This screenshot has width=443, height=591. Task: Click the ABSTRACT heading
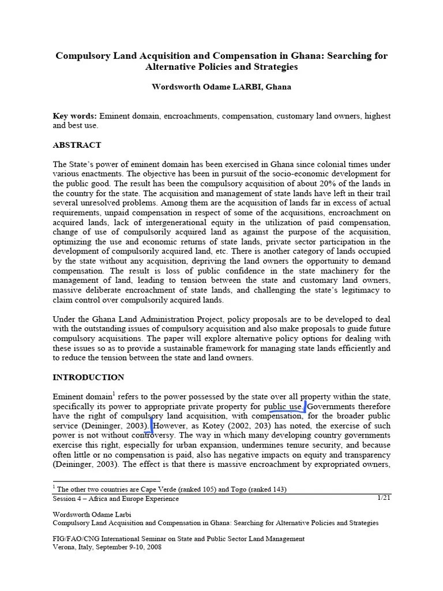[x=77, y=145]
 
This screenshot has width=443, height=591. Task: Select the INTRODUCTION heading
[x=88, y=377]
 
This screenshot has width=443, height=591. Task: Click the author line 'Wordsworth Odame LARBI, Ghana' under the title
[x=221, y=87]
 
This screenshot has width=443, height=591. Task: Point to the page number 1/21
[x=384, y=498]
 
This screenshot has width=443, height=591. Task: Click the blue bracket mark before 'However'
[x=152, y=425]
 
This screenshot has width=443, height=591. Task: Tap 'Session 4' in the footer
[x=68, y=499]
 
